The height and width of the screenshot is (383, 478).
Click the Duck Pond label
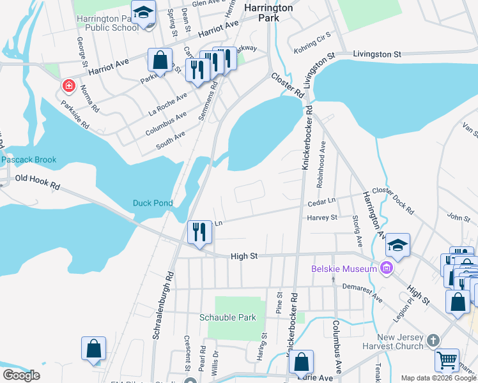point(153,203)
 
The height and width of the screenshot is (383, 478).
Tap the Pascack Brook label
point(29,160)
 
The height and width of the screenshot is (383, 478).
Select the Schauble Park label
point(227,317)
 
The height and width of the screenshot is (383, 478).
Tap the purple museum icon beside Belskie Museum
point(386,269)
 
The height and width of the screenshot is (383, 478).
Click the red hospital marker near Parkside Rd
point(67,86)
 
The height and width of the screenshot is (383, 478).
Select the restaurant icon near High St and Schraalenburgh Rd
point(199,232)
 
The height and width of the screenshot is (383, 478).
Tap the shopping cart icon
point(447,361)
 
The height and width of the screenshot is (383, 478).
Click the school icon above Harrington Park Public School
point(144,13)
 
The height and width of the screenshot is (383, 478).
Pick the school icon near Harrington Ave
point(397,246)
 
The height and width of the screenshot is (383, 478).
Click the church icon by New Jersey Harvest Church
point(433,340)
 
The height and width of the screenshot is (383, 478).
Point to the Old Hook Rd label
point(37,182)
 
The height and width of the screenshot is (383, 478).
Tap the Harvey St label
point(322,218)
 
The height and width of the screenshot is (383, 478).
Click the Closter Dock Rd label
point(392,199)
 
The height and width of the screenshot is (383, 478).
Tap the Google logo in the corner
point(21,375)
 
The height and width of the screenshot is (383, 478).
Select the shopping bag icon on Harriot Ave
point(160,61)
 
